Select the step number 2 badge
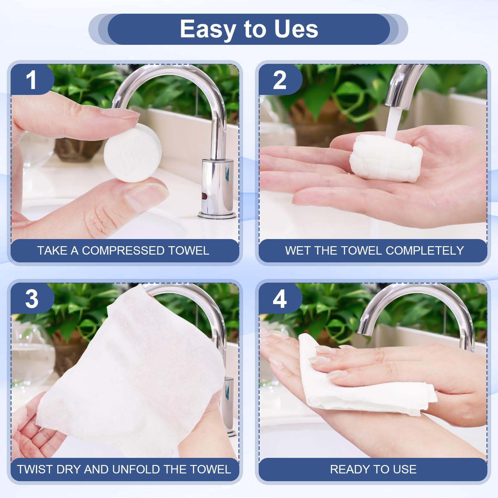pos(279,80)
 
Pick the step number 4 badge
pos(279,299)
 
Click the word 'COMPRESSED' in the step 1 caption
pos(122,251)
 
